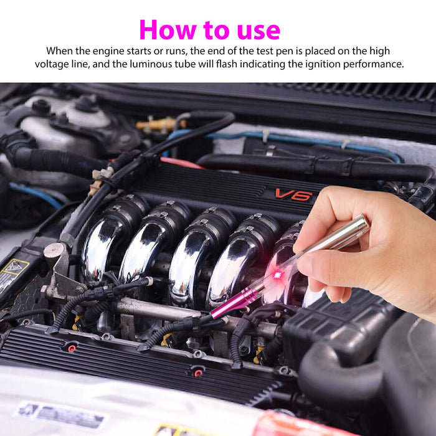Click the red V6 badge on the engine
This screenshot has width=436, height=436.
[x=293, y=194]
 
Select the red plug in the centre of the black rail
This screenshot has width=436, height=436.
[x=197, y=372]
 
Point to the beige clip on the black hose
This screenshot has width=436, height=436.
[x=99, y=174]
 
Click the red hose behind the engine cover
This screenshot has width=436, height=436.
[x=181, y=163]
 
